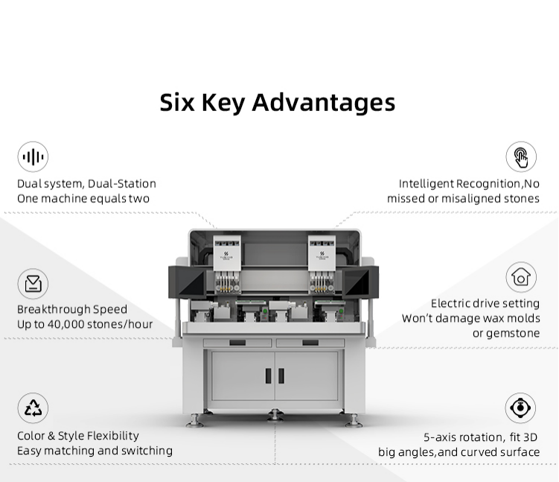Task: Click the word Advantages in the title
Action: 324,103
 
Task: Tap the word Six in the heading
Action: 177,103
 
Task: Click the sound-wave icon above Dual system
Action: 33,156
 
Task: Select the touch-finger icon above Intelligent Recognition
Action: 521,156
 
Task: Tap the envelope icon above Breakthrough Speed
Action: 33,284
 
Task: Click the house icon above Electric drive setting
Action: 521,277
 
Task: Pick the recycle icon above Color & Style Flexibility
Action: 33,408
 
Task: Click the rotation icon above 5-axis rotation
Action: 520,408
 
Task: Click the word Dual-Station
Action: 122,184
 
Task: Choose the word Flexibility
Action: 113,436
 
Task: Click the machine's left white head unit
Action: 227,253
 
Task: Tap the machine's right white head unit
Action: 322,253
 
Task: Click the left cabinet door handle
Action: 269,375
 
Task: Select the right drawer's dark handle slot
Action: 310,343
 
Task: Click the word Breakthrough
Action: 54,309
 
